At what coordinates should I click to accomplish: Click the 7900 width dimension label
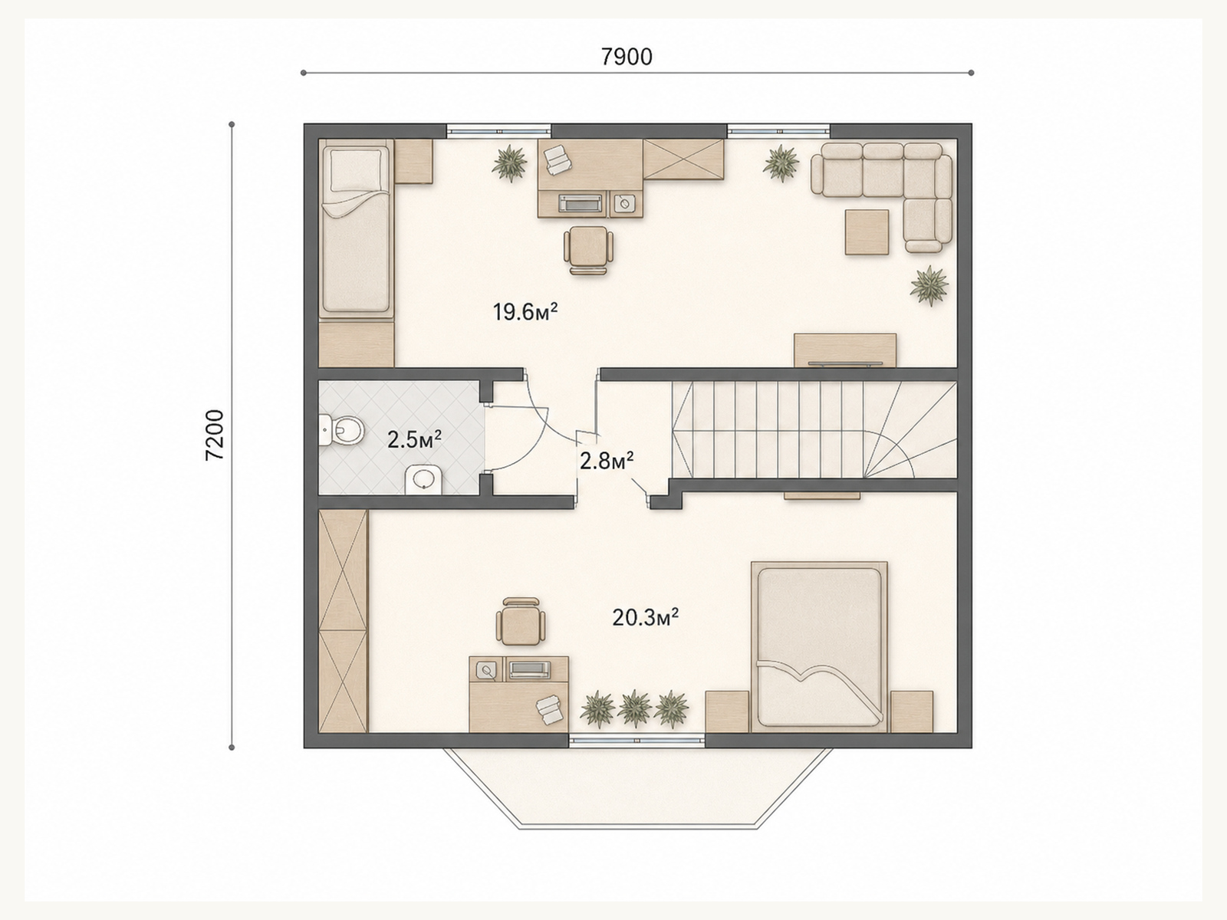pyautogui.click(x=627, y=57)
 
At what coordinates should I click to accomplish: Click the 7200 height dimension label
pyautogui.click(x=215, y=435)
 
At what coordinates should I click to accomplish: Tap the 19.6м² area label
pyautogui.click(x=525, y=312)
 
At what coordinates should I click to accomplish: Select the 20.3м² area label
pyautogui.click(x=646, y=618)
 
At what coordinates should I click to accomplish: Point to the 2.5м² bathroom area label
pyautogui.click(x=414, y=439)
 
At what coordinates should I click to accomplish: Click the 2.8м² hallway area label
pyautogui.click(x=607, y=461)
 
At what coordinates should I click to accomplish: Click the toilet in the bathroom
pyautogui.click(x=341, y=431)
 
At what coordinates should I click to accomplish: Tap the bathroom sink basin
pyautogui.click(x=424, y=479)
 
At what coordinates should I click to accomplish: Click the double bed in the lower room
pyautogui.click(x=820, y=646)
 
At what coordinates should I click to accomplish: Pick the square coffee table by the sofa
pyautogui.click(x=867, y=232)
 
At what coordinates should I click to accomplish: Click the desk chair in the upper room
pyautogui.click(x=588, y=250)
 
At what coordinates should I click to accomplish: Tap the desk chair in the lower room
pyautogui.click(x=521, y=621)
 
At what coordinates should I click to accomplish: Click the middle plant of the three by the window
pyautogui.click(x=634, y=708)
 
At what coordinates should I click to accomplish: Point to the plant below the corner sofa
pyautogui.click(x=929, y=285)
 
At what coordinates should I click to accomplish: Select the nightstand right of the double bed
pyautogui.click(x=912, y=711)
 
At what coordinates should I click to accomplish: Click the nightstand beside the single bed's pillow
pyautogui.click(x=413, y=161)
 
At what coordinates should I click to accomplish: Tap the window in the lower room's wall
pyautogui.click(x=637, y=740)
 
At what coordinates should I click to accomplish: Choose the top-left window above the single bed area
pyautogui.click(x=498, y=130)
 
